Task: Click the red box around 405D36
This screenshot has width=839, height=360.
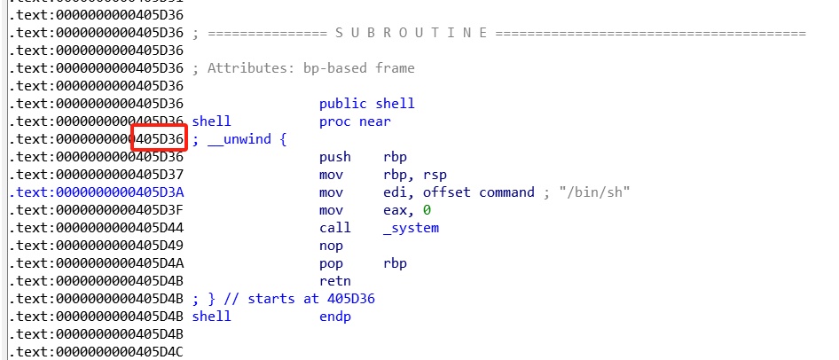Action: [x=159, y=139]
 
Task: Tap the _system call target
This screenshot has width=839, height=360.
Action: [x=411, y=228]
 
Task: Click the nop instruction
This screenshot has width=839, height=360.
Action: [x=330, y=246]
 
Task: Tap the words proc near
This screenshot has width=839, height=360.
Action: [x=355, y=121]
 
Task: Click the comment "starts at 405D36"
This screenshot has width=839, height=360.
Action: [x=310, y=299]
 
